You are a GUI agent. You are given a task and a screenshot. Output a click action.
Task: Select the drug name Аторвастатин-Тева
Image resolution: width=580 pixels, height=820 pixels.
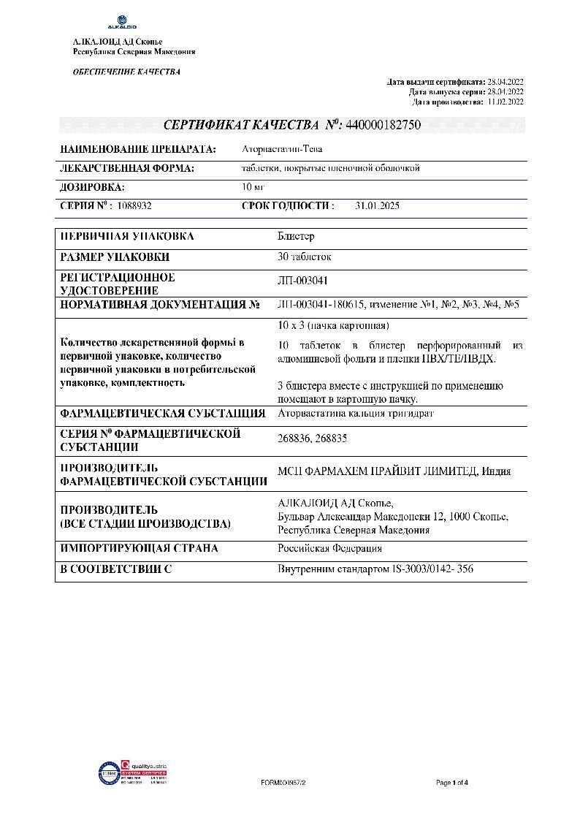click(282, 149)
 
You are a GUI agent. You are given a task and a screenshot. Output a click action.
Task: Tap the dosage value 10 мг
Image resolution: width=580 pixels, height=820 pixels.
click(253, 187)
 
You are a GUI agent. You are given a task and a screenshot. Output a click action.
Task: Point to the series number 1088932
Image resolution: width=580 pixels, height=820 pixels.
click(133, 206)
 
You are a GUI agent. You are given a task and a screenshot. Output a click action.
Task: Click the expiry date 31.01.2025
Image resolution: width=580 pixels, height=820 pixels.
click(377, 206)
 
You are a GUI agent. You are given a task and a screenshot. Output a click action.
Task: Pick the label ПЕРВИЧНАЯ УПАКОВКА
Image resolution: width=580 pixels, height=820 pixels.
click(127, 237)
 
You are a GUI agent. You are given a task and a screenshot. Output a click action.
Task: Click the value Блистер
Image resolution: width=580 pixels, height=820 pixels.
click(296, 237)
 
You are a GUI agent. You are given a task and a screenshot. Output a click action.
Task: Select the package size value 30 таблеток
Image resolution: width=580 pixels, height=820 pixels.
click(305, 257)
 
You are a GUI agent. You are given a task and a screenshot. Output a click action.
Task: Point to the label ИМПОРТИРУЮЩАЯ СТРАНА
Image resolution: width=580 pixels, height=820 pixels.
click(139, 548)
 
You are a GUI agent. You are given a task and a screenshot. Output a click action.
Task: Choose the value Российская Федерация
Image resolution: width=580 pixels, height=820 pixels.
click(329, 548)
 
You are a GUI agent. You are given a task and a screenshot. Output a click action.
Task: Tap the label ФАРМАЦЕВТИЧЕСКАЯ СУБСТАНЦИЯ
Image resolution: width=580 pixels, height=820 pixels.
click(162, 413)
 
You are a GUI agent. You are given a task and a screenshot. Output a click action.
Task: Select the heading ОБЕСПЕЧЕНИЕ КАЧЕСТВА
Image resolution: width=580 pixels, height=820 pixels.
click(126, 72)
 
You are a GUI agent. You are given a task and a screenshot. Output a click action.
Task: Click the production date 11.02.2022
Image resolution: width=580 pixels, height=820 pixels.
click(505, 102)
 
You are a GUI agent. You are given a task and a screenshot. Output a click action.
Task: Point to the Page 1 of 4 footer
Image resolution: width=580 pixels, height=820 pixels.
click(451, 783)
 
